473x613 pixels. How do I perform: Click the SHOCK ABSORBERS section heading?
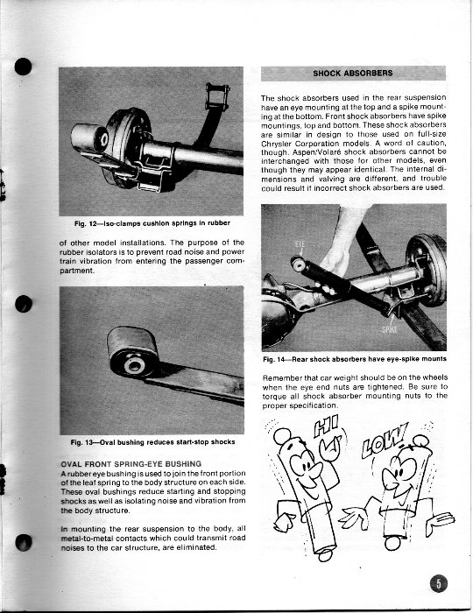pyautogui.click(x=353, y=73)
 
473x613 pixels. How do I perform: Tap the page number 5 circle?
pyautogui.click(x=439, y=584)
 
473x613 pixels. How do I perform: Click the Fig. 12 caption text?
pyautogui.click(x=152, y=223)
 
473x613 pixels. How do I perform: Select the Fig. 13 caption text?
pyautogui.click(x=152, y=442)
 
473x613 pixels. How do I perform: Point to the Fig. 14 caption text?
pyautogui.click(x=355, y=359)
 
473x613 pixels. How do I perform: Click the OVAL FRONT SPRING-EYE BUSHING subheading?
pyautogui.click(x=131, y=464)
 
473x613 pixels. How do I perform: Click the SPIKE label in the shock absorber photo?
pyautogui.click(x=390, y=329)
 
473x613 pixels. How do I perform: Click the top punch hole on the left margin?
pyautogui.click(x=23, y=67)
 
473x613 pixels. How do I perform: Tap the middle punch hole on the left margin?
pyautogui.click(x=24, y=304)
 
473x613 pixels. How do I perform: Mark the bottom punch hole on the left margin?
pyautogui.click(x=24, y=543)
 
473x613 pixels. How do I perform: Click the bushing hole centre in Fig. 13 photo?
pyautogui.click(x=135, y=366)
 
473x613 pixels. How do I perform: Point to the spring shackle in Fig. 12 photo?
pyautogui.click(x=217, y=95)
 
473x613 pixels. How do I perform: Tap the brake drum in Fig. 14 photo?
pyautogui.click(x=427, y=269)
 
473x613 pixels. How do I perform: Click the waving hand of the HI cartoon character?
pyautogui.click(x=331, y=447)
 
